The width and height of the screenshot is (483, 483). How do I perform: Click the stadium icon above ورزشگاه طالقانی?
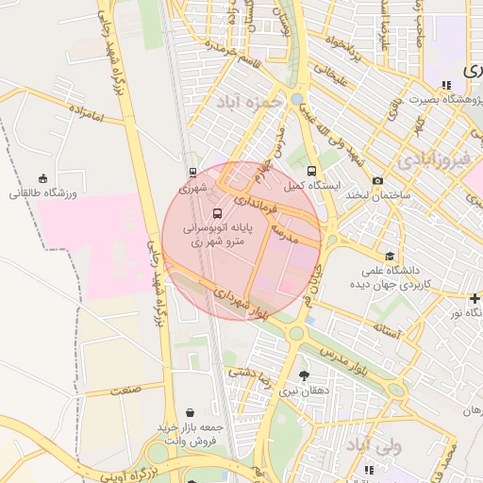[42, 178]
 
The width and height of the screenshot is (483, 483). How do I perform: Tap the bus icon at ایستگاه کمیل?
[312, 171]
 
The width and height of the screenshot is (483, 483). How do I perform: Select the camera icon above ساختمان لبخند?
[378, 180]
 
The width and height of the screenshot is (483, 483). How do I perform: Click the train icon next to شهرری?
[193, 173]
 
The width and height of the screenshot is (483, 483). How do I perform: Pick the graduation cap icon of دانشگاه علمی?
[390, 256]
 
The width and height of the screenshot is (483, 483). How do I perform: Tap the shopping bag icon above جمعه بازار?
[192, 412]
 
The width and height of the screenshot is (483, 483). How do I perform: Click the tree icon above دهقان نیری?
[303, 375]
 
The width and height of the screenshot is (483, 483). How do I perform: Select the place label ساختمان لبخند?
[375, 194]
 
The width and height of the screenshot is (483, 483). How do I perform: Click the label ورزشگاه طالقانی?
[41, 193]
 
